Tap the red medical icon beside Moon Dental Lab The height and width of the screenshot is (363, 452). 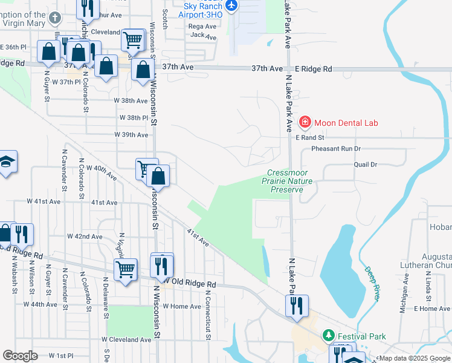coord(305,123)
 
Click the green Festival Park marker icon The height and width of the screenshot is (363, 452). coord(328,335)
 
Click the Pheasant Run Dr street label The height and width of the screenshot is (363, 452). coord(335,148)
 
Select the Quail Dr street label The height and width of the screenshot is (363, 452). coord(365,164)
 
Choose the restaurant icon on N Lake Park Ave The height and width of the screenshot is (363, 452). coord(297,306)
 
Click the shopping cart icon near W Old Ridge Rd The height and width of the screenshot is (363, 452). coord(126,269)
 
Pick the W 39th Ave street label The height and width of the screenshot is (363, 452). coord(131,135)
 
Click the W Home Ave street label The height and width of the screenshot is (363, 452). coord(181,307)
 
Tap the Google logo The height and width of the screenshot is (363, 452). coord(20,356)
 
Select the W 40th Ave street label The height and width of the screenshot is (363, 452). coord(102,172)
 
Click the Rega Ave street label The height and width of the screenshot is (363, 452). coord(202,27)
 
